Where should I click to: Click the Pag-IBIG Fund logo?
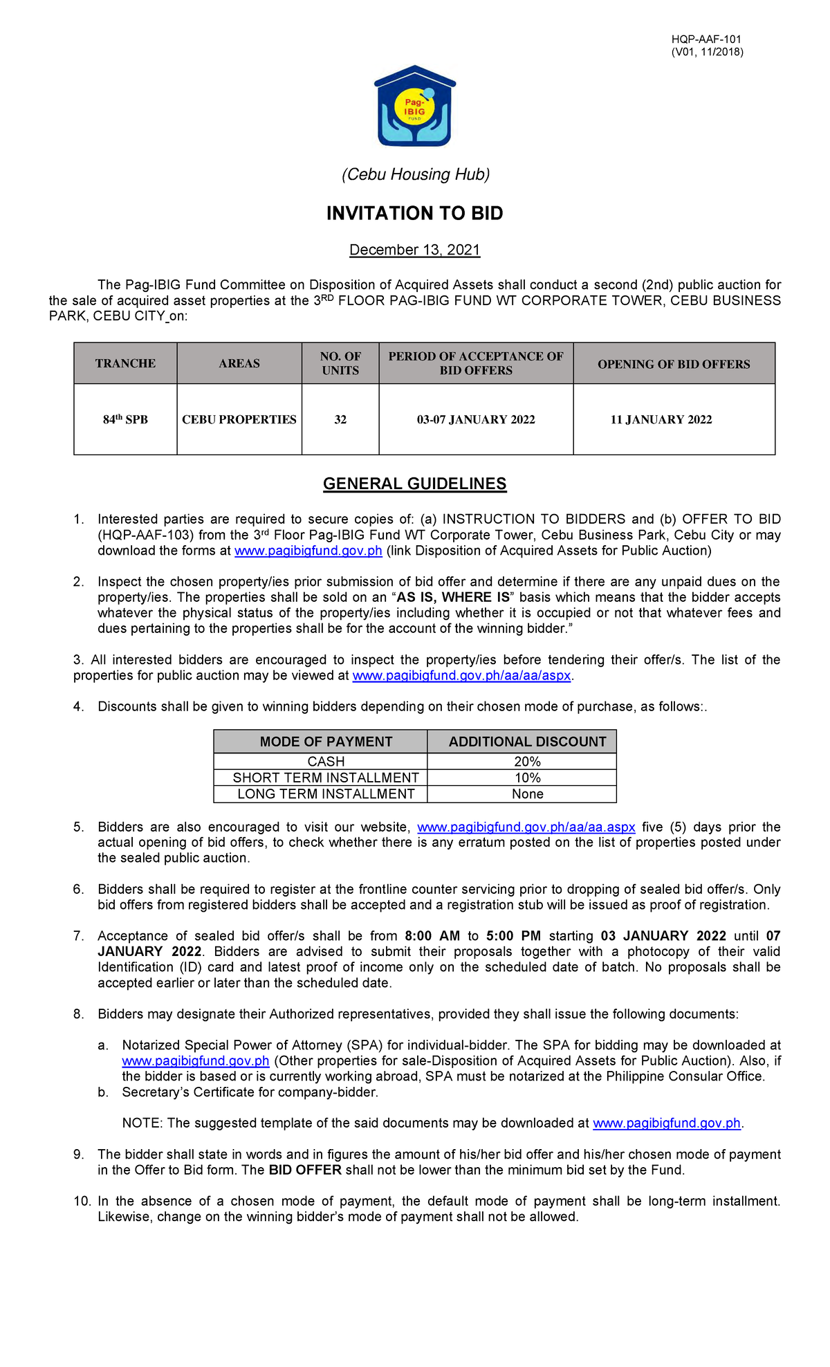(415, 107)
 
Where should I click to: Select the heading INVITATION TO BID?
(414, 213)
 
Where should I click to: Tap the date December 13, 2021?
(414, 250)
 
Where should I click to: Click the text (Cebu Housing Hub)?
(415, 174)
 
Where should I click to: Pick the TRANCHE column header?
(125, 363)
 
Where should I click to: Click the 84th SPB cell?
(125, 419)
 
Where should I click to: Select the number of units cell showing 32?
(340, 419)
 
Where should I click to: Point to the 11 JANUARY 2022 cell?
(661, 419)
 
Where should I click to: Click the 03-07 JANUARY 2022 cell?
(476, 419)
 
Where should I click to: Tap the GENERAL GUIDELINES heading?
(414, 484)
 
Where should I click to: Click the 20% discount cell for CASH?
(527, 761)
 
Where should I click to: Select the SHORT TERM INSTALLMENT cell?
(326, 778)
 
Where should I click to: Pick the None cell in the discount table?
(527, 794)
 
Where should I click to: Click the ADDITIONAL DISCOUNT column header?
(527, 742)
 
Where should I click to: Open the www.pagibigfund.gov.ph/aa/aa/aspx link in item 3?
(461, 675)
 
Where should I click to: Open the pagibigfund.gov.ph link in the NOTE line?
(667, 1123)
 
